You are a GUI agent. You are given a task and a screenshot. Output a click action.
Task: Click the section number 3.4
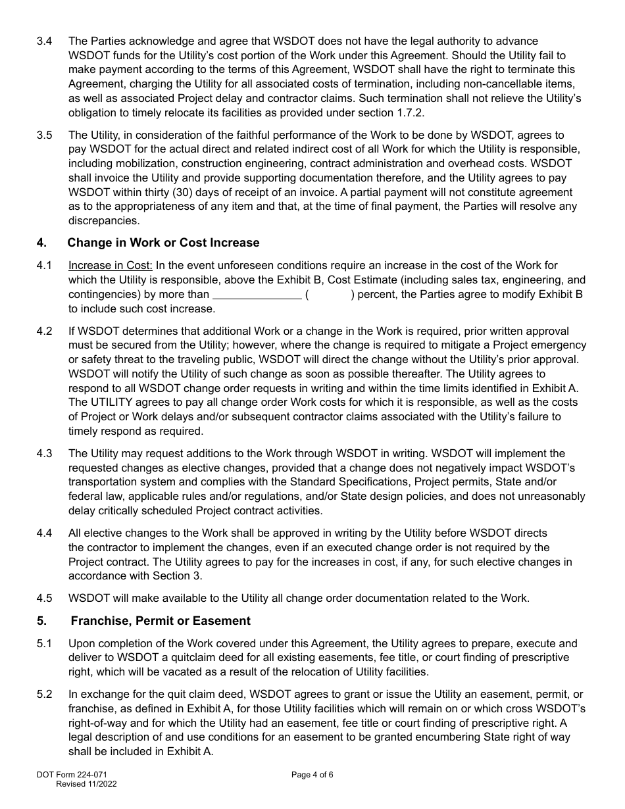tap(44, 41)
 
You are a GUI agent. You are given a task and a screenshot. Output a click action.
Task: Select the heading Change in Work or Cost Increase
tap(163, 243)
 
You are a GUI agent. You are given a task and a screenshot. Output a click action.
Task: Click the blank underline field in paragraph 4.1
tap(257, 295)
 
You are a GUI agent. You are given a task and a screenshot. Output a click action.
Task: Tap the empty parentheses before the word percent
tap(329, 295)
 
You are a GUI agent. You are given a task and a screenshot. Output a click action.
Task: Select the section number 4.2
tap(44, 331)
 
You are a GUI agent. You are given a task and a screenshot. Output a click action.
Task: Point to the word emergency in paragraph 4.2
tap(555, 346)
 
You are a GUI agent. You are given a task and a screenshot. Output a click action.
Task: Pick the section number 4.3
tap(44, 454)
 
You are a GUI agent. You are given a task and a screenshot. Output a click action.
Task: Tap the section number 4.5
tap(44, 599)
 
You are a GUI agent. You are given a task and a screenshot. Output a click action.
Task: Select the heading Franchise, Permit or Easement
tap(161, 622)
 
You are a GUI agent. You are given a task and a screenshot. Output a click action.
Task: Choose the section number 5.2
tap(44, 695)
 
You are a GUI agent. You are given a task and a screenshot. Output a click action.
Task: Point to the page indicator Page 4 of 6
tap(312, 775)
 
